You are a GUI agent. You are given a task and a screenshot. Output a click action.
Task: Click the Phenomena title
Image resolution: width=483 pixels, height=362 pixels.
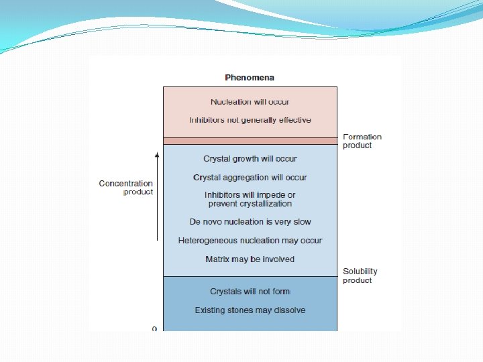[x=250, y=78]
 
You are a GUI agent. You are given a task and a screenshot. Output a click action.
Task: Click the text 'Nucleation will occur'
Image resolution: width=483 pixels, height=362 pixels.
[x=250, y=102]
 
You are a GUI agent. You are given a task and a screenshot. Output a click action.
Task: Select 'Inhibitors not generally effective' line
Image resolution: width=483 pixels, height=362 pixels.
[x=250, y=120]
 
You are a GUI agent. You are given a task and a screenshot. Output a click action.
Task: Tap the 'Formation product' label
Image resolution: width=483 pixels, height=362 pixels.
[x=362, y=141]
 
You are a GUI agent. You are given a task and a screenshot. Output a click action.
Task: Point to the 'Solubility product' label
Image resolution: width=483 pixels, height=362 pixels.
[x=360, y=276]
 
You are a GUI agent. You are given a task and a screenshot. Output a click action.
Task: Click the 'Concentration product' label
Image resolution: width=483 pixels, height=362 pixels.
[x=126, y=188]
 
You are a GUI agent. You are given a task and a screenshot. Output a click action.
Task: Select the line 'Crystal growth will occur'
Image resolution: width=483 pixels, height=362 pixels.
[x=250, y=159]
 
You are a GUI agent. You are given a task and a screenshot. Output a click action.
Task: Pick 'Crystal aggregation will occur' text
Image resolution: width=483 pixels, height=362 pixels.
[x=250, y=178]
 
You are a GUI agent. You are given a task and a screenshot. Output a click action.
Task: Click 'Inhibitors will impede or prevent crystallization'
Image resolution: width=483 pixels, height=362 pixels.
[x=250, y=199]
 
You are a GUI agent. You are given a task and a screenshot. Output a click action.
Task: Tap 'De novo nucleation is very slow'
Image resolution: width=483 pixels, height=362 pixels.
[x=250, y=222]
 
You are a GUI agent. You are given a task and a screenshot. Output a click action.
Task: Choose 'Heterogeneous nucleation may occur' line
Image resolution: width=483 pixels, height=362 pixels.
[x=250, y=241]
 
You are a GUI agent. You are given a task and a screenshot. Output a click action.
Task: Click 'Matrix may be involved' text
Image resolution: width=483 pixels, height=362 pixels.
[x=250, y=259]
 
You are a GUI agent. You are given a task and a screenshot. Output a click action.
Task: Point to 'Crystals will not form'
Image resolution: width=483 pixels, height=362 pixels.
[x=250, y=292]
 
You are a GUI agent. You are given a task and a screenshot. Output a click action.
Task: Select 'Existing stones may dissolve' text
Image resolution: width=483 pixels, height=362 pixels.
[x=250, y=310]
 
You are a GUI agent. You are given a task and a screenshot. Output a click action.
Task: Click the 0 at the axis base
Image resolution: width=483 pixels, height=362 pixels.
[x=154, y=329]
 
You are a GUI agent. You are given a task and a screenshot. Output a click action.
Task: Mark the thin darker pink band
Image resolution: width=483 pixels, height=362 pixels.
[x=250, y=141]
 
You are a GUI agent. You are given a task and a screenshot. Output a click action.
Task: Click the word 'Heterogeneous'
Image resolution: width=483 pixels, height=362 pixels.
[x=207, y=241]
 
